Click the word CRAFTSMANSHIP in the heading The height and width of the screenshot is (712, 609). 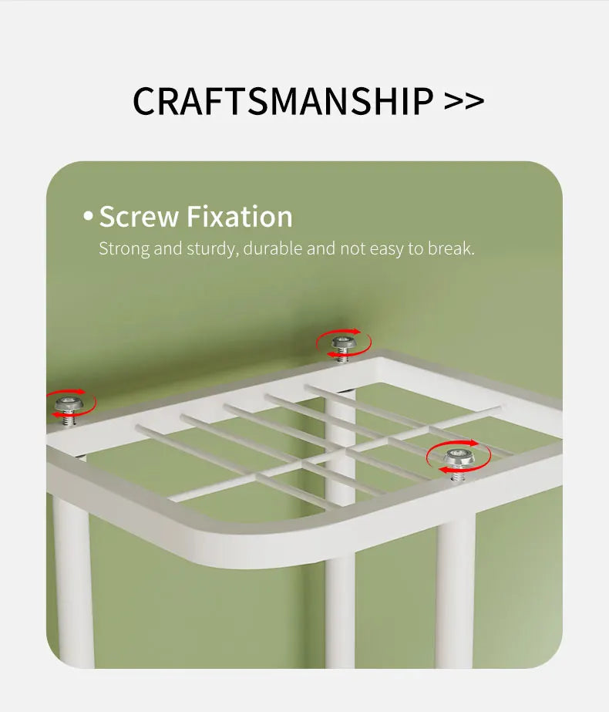point(283,101)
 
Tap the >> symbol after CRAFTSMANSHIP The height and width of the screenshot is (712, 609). point(464,101)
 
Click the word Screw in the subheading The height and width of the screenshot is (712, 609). point(139,216)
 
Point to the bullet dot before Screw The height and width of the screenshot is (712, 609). point(88,216)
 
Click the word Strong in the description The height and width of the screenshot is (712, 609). point(124,249)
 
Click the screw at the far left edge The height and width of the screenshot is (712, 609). point(69,410)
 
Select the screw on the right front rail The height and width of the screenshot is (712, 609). point(458,464)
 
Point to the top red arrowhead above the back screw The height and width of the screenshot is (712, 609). point(356,332)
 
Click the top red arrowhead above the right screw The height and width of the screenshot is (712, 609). point(473,443)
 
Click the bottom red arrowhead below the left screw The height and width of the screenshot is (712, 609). point(56,414)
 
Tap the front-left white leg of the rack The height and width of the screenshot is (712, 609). point(73,581)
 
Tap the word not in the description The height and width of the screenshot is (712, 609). point(352,248)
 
